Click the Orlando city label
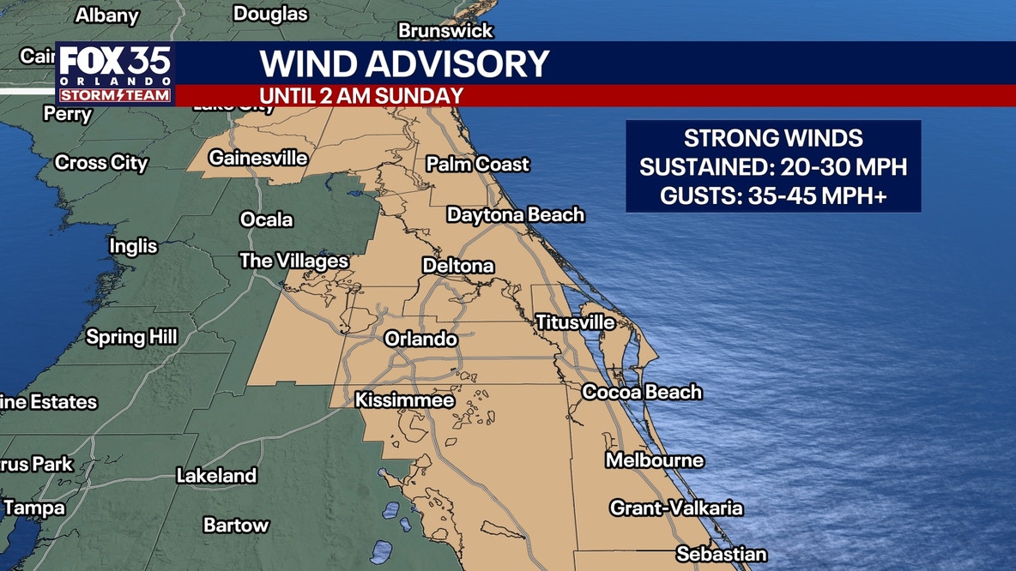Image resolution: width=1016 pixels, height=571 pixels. [420, 340]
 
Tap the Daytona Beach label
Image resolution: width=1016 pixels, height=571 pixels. [515, 214]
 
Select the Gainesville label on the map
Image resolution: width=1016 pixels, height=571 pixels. [258, 159]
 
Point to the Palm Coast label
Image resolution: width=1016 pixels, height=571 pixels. [478, 164]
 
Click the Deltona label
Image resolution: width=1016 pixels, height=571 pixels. [458, 267]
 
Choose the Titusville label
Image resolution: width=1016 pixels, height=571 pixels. [575, 322]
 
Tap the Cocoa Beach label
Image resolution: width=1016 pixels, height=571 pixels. [642, 393]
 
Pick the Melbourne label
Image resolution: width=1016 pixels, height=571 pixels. [655, 460]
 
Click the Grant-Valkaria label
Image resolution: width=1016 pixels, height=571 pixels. [676, 508]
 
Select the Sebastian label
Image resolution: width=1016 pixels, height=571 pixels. [721, 554]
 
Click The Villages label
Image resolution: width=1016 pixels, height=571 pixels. [293, 261]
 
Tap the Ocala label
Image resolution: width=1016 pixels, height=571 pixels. [266, 219]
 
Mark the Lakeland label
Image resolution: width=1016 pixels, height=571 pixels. [216, 476]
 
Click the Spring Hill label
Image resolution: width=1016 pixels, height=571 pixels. [131, 337]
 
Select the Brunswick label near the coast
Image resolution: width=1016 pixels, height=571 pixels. [445, 31]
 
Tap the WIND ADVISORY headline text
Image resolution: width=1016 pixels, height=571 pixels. [404, 64]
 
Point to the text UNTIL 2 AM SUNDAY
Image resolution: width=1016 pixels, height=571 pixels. [361, 95]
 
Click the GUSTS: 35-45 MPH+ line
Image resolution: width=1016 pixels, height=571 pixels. [772, 196]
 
